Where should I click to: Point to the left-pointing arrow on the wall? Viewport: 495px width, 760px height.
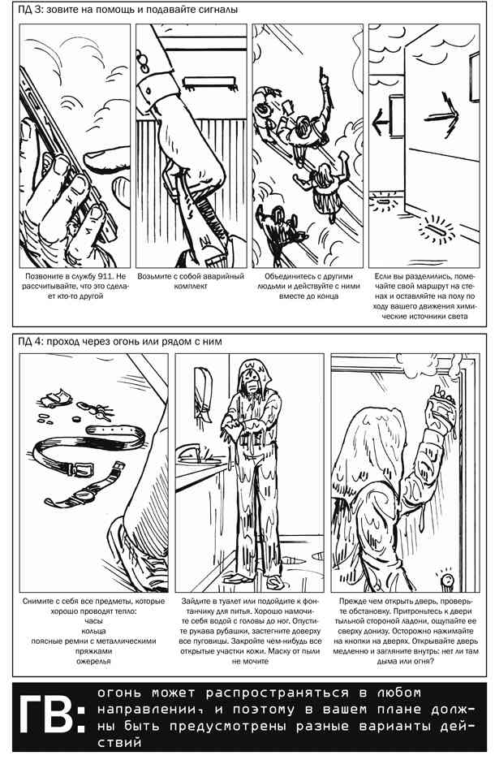[381, 122]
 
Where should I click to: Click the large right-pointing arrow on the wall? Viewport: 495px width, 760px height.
[441, 116]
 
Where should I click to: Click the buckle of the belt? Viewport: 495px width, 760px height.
[81, 469]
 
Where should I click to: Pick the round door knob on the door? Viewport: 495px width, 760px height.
[445, 578]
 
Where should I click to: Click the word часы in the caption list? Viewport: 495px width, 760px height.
[93, 621]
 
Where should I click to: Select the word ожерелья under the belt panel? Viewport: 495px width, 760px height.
[93, 661]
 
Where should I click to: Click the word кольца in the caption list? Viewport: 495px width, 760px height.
[93, 631]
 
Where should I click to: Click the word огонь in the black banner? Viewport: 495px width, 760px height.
[118, 693]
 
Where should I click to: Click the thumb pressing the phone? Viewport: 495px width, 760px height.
[105, 158]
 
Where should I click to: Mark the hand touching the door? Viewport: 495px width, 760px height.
[440, 405]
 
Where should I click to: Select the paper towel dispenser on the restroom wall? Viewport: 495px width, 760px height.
[203, 393]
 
